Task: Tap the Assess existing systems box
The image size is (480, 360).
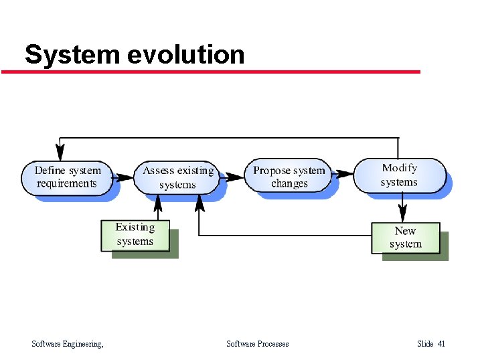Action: click(x=177, y=177)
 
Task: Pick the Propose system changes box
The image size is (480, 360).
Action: click(x=289, y=177)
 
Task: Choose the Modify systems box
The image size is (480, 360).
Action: click(x=399, y=175)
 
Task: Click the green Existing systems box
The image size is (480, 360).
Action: click(x=135, y=235)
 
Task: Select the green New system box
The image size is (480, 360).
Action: click(x=405, y=238)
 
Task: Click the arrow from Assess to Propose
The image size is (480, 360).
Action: click(x=234, y=178)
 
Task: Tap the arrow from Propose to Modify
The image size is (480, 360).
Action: click(x=343, y=175)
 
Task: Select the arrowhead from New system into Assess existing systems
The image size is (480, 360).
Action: click(x=199, y=201)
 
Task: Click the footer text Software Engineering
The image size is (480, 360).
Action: click(x=68, y=344)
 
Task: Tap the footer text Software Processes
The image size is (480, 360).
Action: click(x=258, y=344)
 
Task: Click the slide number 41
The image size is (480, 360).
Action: click(x=441, y=344)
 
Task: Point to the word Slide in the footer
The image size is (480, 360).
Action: click(x=425, y=344)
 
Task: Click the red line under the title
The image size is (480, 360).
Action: click(x=211, y=72)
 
